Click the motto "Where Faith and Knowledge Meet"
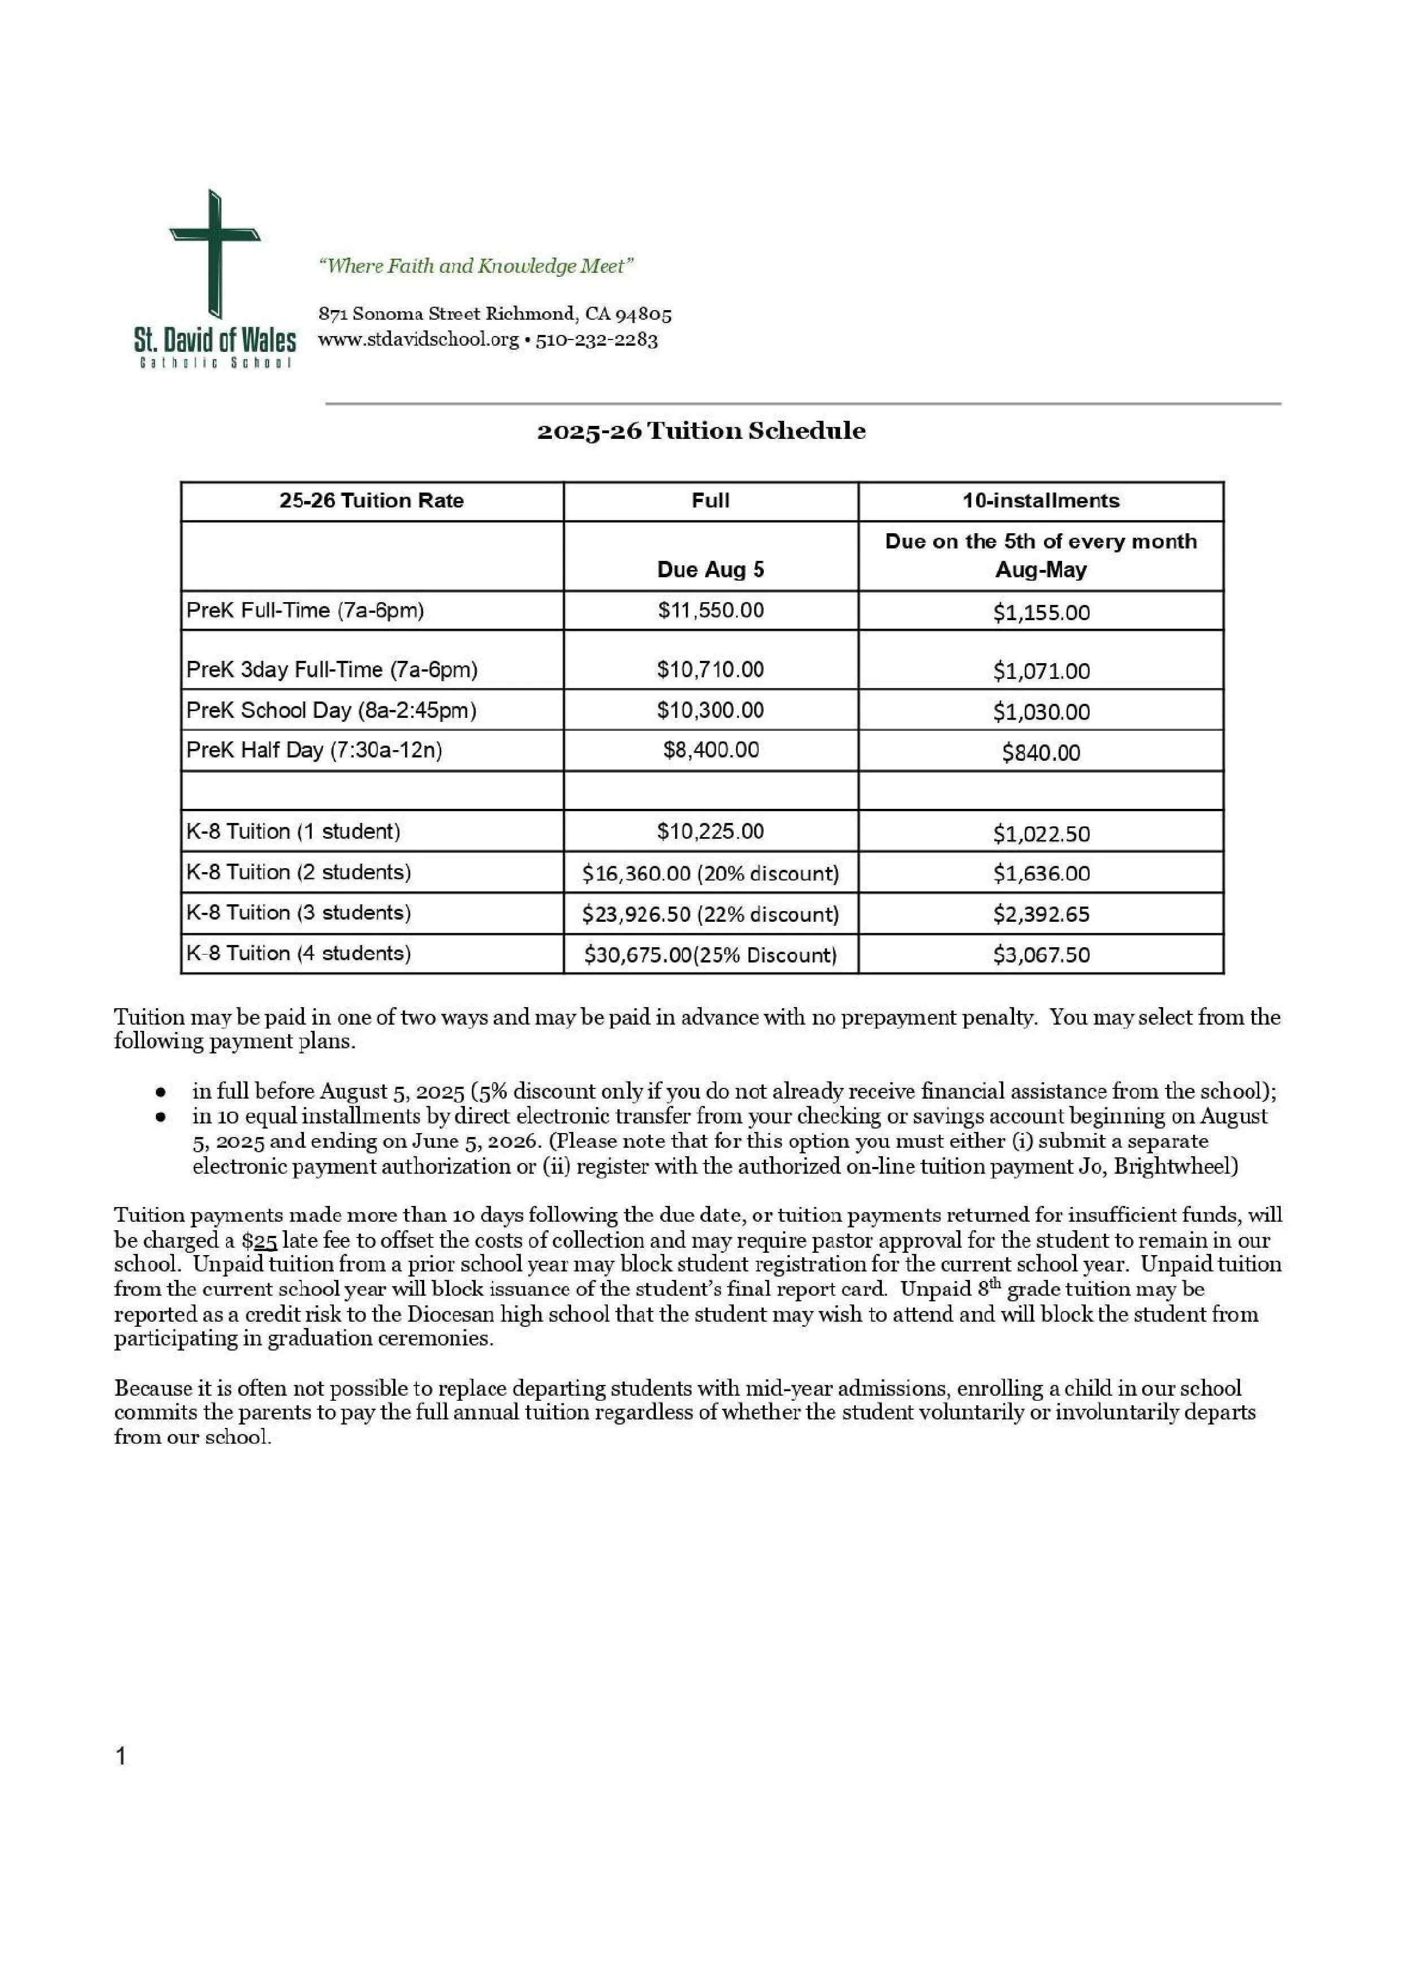tap(476, 266)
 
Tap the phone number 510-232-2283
tap(597, 339)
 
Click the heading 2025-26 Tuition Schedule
tap(701, 431)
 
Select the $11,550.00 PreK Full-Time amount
tap(711, 611)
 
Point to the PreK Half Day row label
tap(314, 750)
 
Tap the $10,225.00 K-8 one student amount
tap(711, 831)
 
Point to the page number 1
tap(121, 1756)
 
